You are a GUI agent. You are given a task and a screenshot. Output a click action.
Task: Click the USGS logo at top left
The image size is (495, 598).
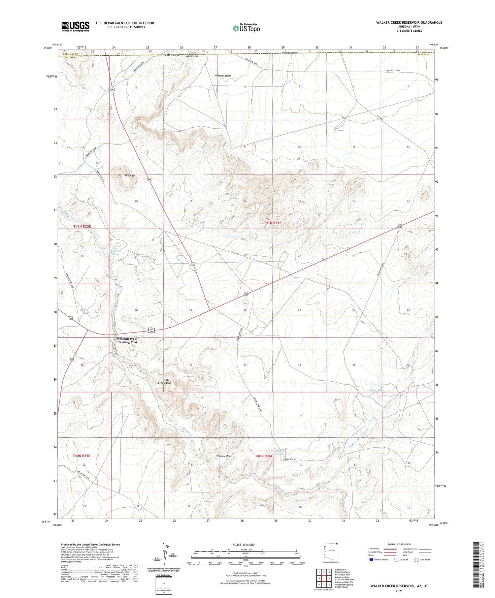tap(75, 26)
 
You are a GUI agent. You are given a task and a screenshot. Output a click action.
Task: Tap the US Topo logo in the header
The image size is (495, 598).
tap(246, 28)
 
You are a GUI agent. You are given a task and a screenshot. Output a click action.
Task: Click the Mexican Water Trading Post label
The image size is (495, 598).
tap(127, 340)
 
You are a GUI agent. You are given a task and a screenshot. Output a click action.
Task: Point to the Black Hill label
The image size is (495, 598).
tap(131, 175)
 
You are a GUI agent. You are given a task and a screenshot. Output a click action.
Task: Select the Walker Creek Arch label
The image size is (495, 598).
tap(164, 381)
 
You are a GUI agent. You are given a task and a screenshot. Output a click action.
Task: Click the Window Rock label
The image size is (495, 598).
tap(224, 456)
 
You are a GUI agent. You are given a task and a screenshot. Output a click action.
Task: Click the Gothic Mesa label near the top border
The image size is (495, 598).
tap(172, 55)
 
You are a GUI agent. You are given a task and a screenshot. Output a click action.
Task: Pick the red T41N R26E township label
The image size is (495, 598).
tap(273, 223)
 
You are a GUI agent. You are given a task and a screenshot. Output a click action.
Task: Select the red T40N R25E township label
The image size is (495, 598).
tap(81, 456)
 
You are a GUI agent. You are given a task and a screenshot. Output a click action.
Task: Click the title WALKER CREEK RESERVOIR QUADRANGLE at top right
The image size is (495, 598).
tap(409, 22)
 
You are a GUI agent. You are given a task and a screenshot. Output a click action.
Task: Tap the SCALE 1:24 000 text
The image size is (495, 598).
tap(244, 545)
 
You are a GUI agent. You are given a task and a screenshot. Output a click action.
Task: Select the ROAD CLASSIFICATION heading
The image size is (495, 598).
tap(399, 544)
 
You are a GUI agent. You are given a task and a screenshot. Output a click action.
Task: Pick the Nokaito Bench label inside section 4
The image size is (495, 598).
tap(223, 76)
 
